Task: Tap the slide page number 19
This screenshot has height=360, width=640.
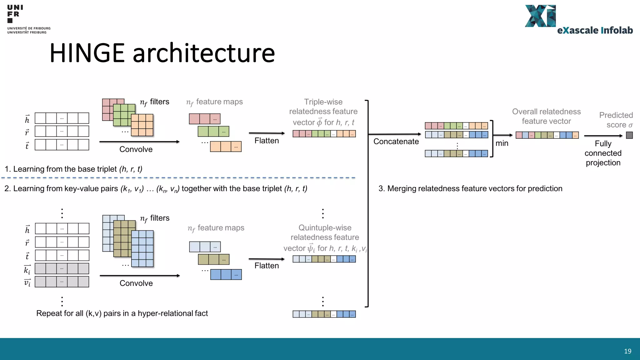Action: coord(627,351)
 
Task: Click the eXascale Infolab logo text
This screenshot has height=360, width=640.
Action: coord(595,30)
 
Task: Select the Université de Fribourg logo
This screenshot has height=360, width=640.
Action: coord(28,19)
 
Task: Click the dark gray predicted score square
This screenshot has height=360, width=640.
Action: coord(629,135)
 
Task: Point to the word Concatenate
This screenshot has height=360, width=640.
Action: coord(396,142)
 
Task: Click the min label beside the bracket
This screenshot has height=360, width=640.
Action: coord(502,143)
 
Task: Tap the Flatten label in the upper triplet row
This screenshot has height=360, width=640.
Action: coord(267,141)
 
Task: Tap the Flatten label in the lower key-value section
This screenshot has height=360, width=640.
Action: coord(267,266)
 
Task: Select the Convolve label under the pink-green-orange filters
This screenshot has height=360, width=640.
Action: coord(136,149)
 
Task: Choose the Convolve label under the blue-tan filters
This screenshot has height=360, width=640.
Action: coord(136,283)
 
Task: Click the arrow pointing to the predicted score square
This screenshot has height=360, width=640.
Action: coord(603,136)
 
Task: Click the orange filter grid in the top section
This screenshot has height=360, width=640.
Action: coord(142,125)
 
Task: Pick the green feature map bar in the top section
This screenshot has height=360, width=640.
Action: coord(213,132)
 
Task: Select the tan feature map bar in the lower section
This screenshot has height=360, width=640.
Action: coord(214,259)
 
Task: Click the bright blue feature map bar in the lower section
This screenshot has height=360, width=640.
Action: coord(226,274)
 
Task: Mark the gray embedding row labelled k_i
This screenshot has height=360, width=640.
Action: coord(62,269)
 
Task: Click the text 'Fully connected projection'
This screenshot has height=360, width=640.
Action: coord(603,153)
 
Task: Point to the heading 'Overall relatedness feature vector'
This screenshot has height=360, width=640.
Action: coord(546,116)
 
